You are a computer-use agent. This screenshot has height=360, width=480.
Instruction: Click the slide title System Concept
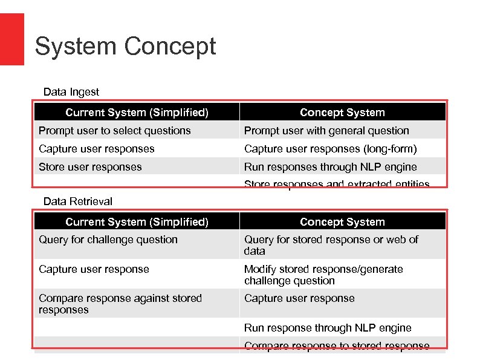click(125, 47)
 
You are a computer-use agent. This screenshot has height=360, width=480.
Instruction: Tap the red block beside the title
click(11, 39)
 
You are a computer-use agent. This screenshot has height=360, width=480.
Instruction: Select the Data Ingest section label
click(71, 92)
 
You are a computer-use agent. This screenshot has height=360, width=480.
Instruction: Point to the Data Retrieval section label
click(78, 201)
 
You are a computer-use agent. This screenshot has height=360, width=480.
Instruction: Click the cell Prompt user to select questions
click(115, 131)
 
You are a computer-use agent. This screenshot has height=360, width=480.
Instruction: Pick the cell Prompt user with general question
click(326, 131)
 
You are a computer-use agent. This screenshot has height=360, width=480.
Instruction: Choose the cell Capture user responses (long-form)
click(331, 149)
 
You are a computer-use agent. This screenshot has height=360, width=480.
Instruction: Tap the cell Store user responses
click(90, 167)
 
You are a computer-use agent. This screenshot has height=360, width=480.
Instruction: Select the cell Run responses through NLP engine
click(331, 167)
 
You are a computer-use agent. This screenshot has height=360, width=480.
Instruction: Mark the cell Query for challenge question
click(108, 240)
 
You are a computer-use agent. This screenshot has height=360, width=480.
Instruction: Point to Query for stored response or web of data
click(331, 245)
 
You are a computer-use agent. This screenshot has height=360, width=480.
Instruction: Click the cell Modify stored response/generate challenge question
click(323, 275)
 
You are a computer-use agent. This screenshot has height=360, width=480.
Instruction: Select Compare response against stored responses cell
click(120, 304)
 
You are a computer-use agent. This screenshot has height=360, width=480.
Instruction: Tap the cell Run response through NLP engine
click(328, 328)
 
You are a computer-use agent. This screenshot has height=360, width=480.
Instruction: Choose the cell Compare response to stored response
click(337, 345)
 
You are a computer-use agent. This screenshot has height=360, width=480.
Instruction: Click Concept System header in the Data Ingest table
click(342, 113)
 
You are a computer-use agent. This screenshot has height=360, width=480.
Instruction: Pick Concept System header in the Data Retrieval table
click(342, 222)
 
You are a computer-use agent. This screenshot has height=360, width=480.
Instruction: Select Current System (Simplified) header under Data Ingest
click(137, 113)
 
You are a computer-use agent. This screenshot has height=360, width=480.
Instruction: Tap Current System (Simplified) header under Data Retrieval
click(137, 222)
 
